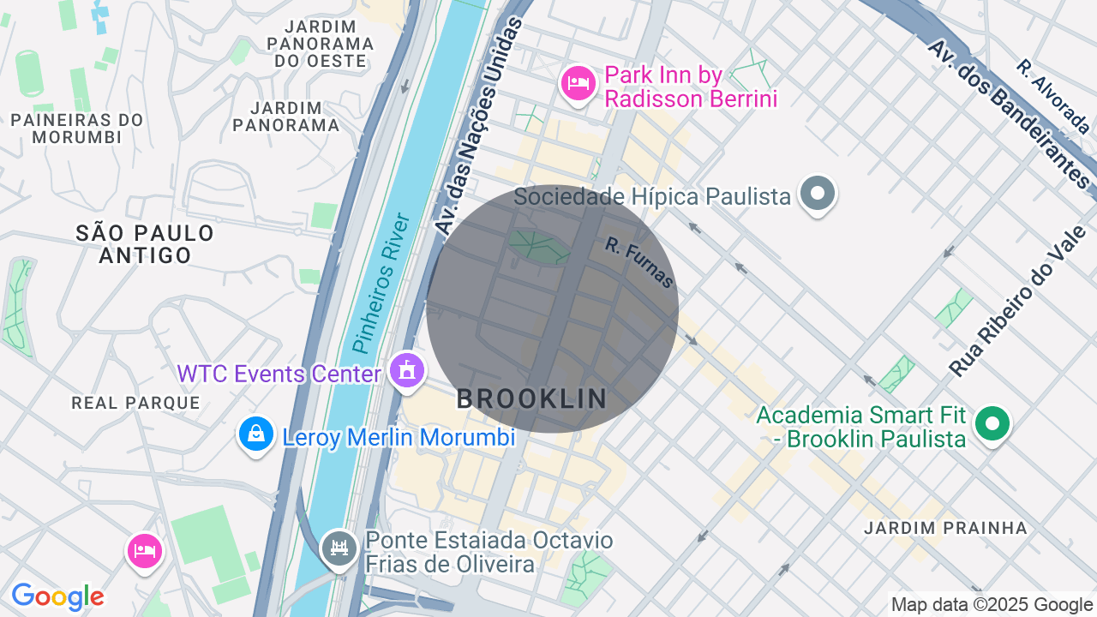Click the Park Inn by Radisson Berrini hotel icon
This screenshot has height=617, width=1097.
point(578,83)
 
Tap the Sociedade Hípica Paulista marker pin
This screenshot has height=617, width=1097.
point(818,194)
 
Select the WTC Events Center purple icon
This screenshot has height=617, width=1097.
point(407,370)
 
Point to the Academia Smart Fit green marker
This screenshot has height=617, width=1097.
point(993,423)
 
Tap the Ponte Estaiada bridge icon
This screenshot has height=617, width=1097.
point(339,547)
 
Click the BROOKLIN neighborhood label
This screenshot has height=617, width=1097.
point(531,398)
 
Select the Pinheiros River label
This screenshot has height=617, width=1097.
point(382,284)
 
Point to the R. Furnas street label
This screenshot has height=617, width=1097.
point(639,262)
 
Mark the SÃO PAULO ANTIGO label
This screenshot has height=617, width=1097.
point(145,244)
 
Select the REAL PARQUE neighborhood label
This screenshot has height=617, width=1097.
point(135,403)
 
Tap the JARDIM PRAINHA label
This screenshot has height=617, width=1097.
point(945,528)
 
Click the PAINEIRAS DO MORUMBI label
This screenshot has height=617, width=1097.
point(77,129)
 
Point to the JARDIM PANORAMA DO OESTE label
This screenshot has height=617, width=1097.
point(321,43)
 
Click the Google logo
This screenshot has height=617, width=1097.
point(57,597)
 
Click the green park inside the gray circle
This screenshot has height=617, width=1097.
point(539,247)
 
